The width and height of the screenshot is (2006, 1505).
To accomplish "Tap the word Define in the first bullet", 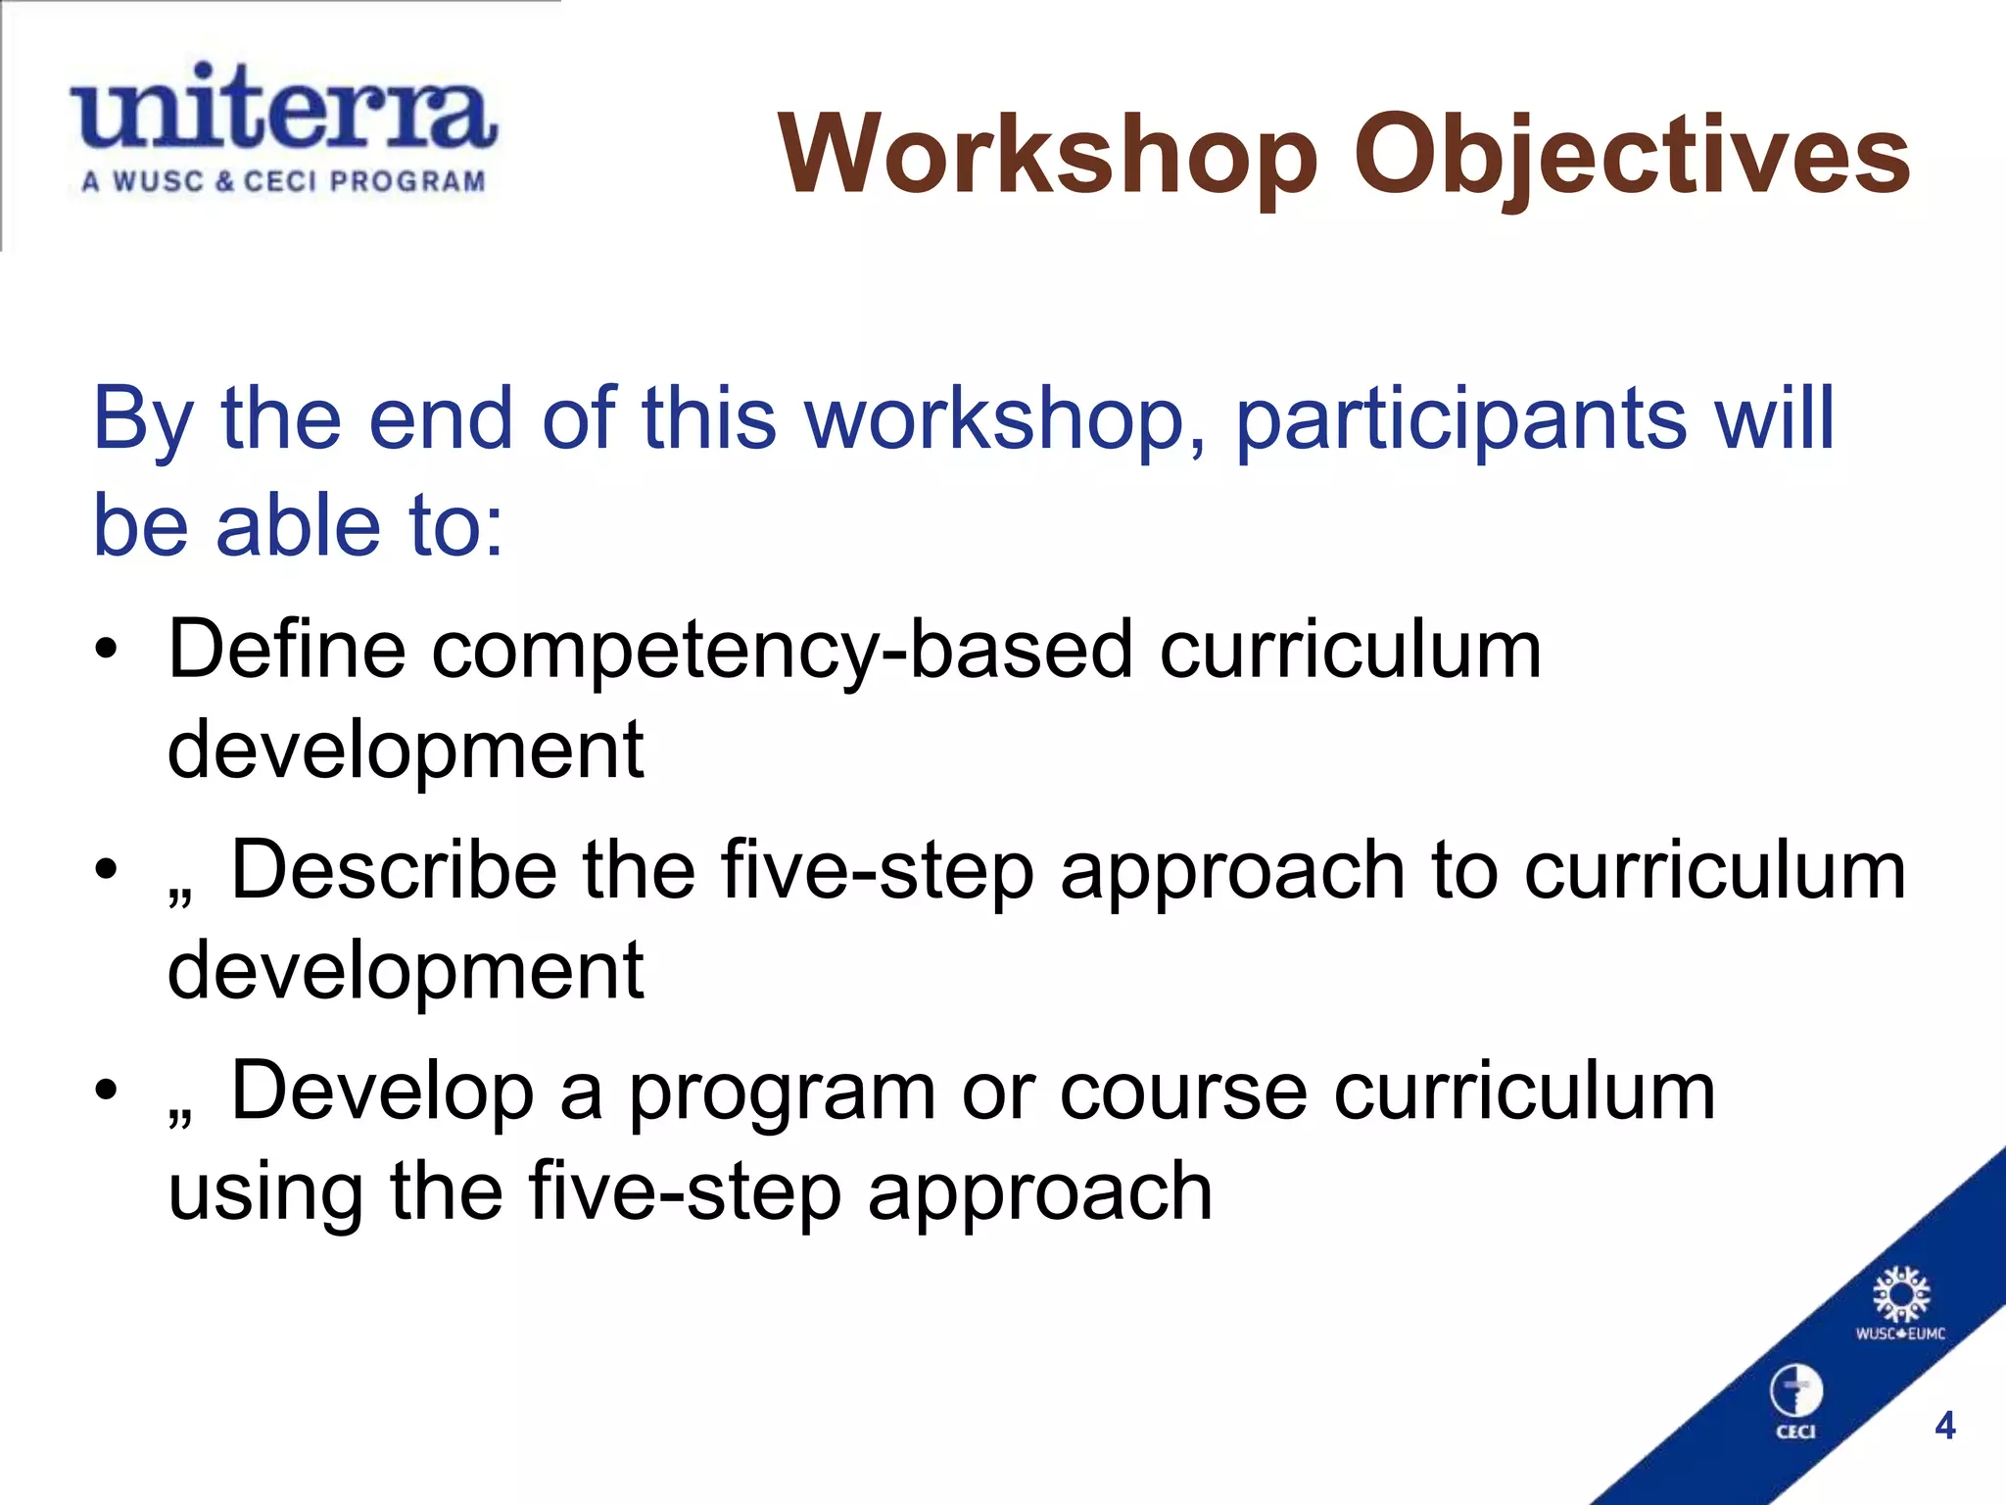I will pos(286,649).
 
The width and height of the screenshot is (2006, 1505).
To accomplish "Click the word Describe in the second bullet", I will pos(394,870).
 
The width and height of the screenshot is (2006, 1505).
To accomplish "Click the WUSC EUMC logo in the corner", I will pos(1900,1303).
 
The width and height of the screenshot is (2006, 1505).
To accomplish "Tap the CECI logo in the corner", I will pos(1795,1401).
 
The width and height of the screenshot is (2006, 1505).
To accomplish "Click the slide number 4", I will pos(1945,1425).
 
